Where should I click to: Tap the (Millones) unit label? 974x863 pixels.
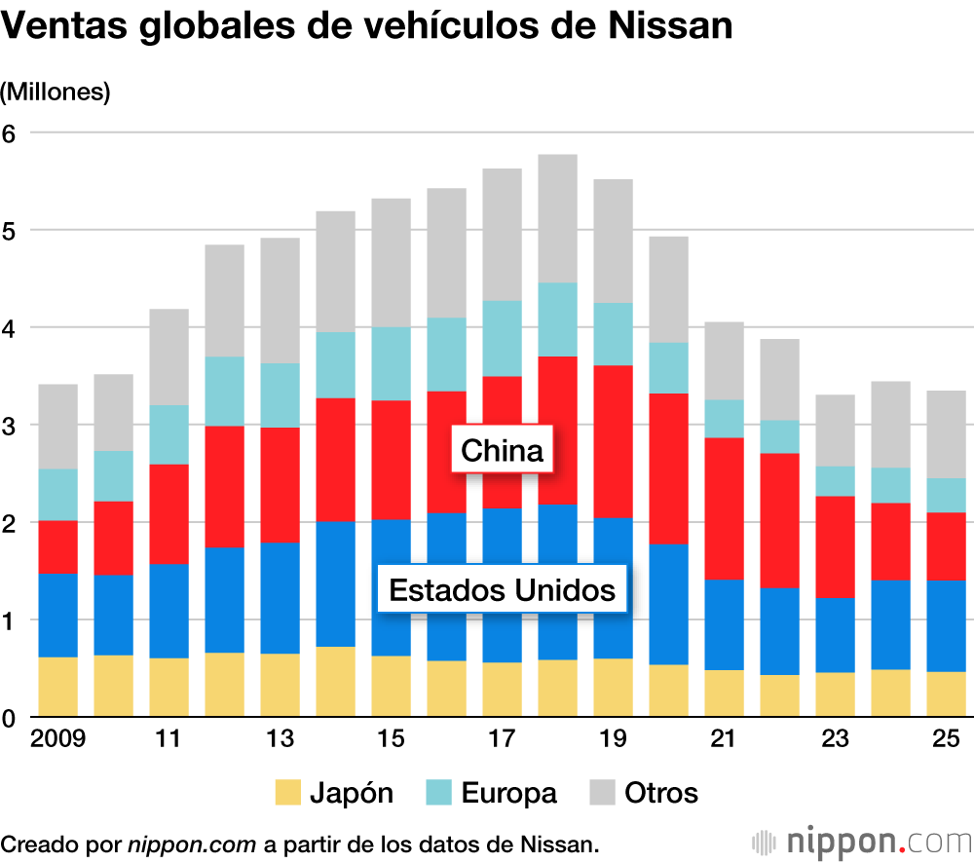pos(56,93)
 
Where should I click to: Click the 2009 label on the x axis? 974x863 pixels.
pos(58,739)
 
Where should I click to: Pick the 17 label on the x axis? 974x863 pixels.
pos(503,739)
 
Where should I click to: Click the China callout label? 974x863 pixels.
pos(502,451)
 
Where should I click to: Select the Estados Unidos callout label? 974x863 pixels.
pos(503,590)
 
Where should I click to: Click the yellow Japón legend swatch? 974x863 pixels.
pos(288,793)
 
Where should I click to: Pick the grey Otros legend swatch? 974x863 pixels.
pos(603,793)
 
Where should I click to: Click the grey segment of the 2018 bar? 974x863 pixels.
pos(558,218)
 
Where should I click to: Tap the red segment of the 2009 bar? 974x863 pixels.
pos(58,547)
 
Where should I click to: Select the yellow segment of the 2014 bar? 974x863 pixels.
pos(336,682)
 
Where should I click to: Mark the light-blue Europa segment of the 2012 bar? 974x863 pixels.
pos(225,392)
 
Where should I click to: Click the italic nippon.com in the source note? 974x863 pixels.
pos(191,844)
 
